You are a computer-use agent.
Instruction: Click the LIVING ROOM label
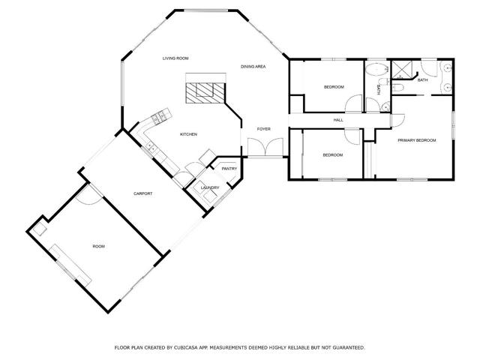point(175,58)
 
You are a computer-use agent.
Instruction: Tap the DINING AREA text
point(253,67)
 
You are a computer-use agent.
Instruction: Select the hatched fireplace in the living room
point(204,91)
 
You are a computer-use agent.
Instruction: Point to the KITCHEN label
point(188,134)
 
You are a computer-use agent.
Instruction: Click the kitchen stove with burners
point(159,118)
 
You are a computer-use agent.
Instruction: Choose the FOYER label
point(264,129)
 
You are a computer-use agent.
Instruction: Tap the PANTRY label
point(229,169)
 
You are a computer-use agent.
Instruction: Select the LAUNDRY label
point(210,187)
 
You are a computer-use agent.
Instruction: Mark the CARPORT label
point(143,193)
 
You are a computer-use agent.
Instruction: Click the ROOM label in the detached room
point(99,246)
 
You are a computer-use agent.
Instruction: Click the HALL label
point(338,120)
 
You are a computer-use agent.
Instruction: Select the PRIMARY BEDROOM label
point(416,140)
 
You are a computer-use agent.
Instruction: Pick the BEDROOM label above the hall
point(334,87)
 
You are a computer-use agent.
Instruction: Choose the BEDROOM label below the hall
point(332,155)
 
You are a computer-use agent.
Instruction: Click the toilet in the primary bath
point(400,88)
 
